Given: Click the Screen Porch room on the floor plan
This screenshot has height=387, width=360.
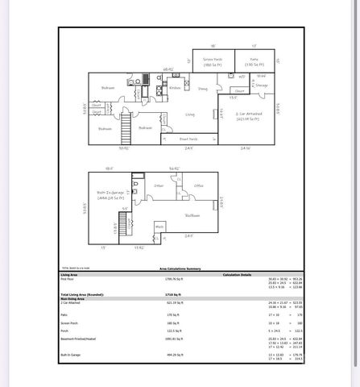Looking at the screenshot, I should click(213, 61).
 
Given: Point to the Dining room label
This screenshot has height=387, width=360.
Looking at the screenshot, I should click(203, 88).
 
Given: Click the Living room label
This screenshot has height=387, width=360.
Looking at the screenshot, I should click(190, 114).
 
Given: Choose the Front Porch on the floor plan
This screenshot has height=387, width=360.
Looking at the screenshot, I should click(190, 139).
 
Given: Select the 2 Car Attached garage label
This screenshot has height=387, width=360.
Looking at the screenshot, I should click(252, 116).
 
